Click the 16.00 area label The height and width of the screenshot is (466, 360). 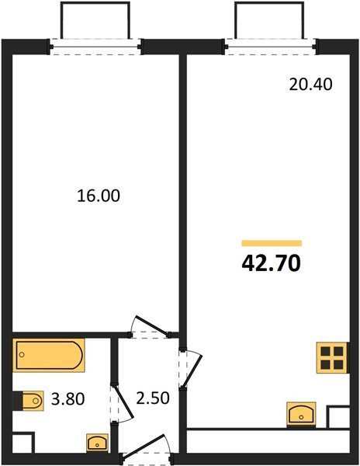click(x=99, y=196)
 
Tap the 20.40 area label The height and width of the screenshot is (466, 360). click(x=311, y=85)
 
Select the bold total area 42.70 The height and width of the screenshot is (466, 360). click(x=272, y=263)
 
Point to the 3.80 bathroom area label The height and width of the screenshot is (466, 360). click(x=68, y=399)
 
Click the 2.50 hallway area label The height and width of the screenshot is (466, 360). click(x=153, y=398)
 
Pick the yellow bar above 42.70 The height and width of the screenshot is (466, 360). click(x=272, y=243)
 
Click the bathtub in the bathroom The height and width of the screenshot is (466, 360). click(x=49, y=355)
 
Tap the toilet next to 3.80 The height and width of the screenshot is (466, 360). click(x=29, y=401)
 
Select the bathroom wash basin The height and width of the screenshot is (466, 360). click(x=97, y=443)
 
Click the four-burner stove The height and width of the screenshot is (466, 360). click(x=332, y=357)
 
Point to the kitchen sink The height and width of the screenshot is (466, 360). click(x=301, y=415)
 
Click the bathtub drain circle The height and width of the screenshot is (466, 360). click(x=22, y=355)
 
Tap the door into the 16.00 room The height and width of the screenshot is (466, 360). click(x=150, y=328)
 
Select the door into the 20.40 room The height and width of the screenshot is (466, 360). click(x=191, y=368)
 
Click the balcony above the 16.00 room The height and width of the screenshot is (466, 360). click(x=95, y=20)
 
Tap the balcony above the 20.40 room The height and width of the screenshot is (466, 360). click(x=269, y=20)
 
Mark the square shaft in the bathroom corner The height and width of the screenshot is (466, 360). click(x=24, y=442)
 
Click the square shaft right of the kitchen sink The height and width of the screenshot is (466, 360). click(x=338, y=416)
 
